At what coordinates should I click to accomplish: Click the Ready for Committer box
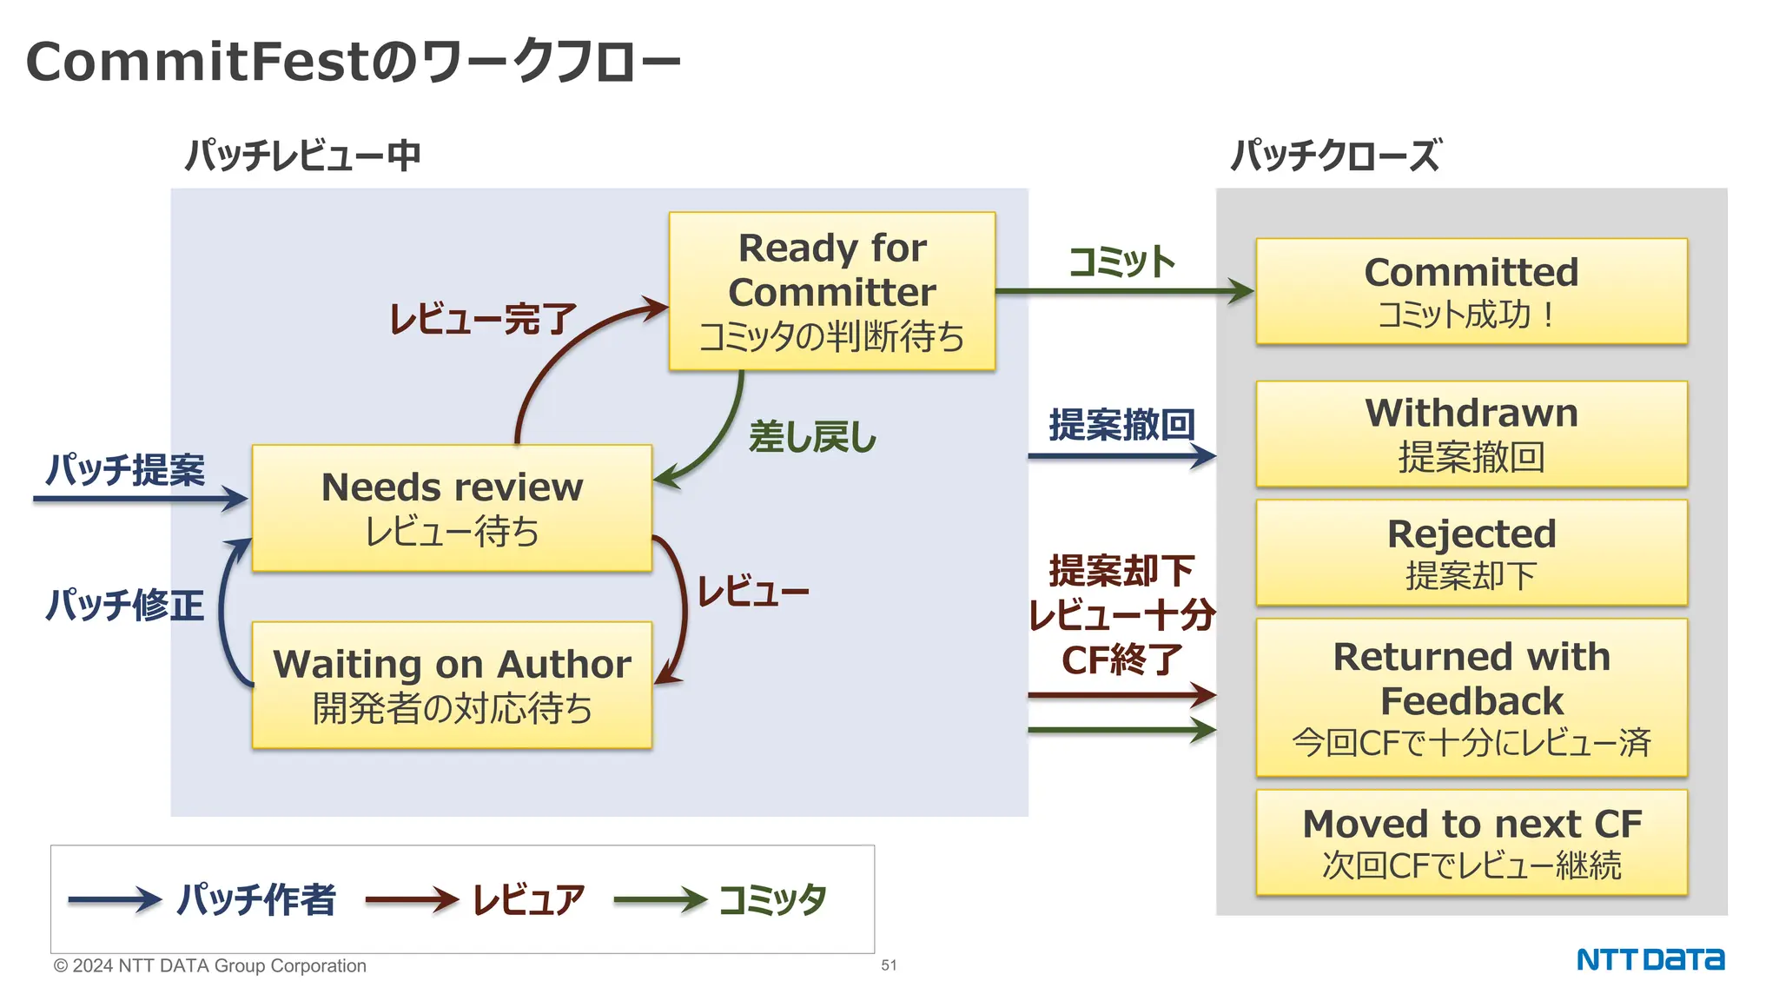tap(831, 291)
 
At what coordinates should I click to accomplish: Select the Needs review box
tap(452, 508)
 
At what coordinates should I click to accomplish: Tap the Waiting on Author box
tap(452, 685)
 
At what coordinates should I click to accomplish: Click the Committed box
tap(1471, 291)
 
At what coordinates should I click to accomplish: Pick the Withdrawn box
tap(1471, 434)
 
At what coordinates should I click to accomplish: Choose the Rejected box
tap(1471, 553)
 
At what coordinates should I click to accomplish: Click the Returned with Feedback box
tap(1471, 697)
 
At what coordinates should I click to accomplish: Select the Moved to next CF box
tap(1471, 842)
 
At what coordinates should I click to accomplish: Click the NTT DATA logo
tap(1650, 959)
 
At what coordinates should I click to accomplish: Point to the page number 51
tap(889, 965)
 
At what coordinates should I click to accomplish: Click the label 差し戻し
tap(812, 437)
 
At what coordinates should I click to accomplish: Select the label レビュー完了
tap(482, 319)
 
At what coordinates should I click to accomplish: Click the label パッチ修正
tap(125, 605)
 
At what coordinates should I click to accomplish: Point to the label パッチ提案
tap(125, 470)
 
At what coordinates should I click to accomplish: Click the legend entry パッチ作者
tap(256, 899)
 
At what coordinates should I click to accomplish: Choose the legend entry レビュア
tap(528, 899)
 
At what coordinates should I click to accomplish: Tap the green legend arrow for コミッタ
tap(660, 900)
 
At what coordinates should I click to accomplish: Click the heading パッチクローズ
tap(1336, 156)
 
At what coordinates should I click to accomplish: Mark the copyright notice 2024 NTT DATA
tap(209, 965)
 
